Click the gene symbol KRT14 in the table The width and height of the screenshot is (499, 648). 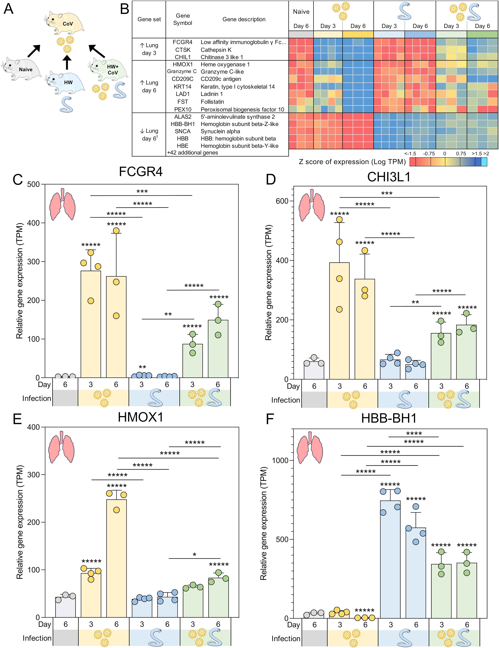(183, 87)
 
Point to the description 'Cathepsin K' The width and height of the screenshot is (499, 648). (216, 50)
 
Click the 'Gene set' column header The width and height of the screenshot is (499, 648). (149, 19)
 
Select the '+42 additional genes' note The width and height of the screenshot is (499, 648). (193, 152)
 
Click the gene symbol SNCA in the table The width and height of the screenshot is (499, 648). (183, 131)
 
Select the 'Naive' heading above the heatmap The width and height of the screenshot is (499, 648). (301, 12)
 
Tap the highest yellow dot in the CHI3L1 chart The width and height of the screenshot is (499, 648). (339, 220)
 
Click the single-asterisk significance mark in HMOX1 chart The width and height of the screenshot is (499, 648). (194, 554)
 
